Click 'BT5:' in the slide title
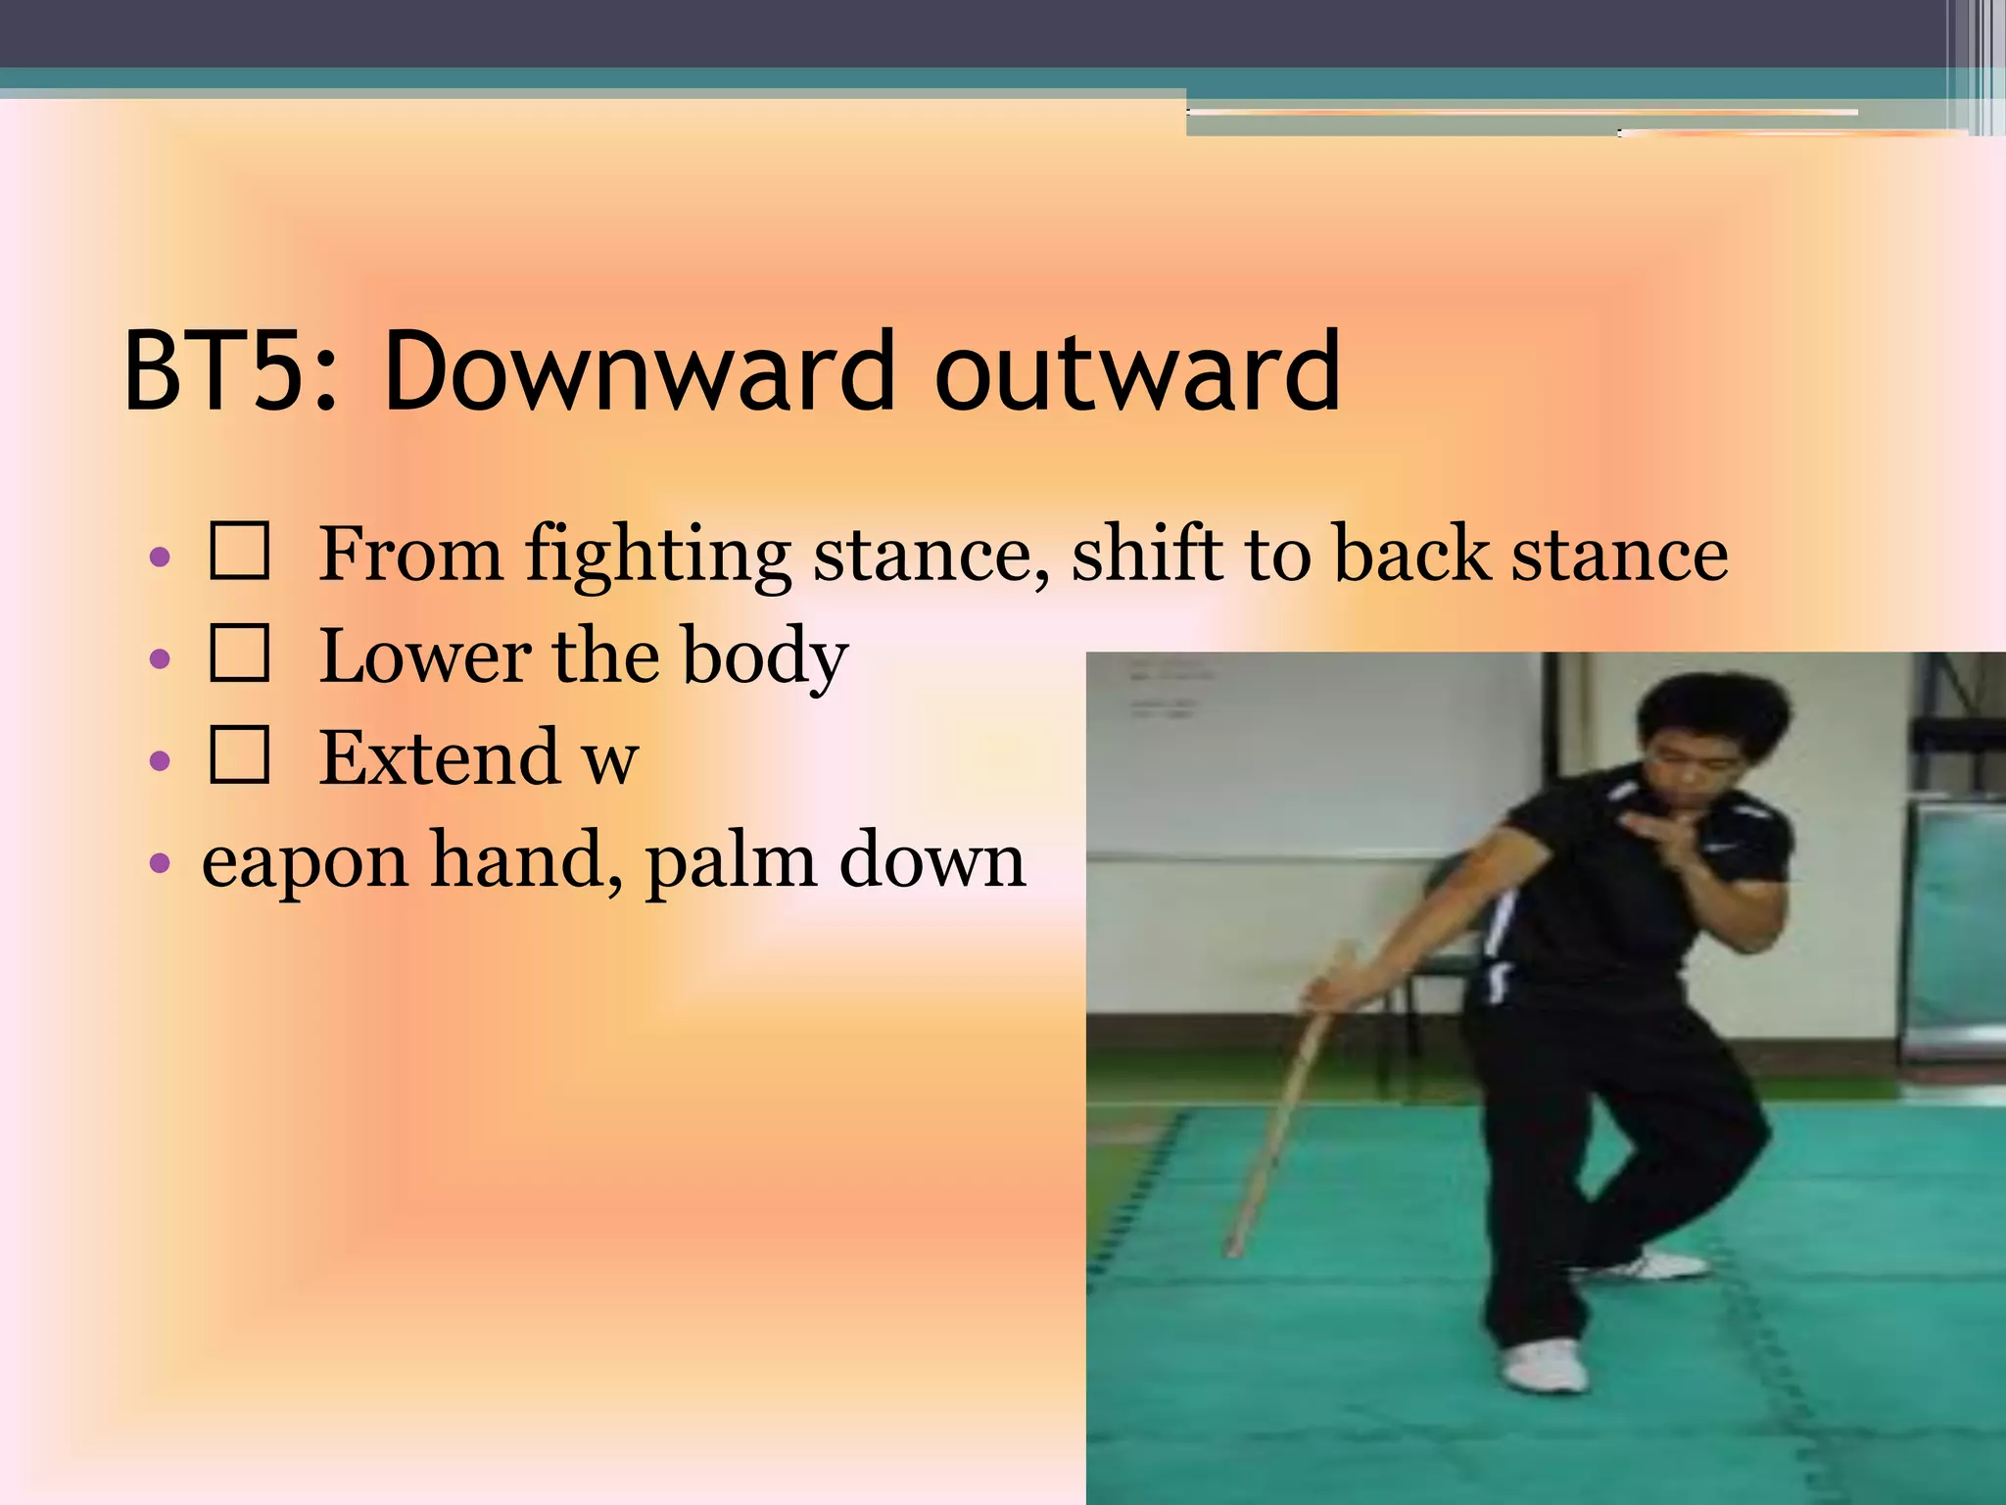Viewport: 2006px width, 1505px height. (229, 372)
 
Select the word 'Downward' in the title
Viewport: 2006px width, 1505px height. (639, 372)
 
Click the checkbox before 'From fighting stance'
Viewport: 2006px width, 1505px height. (239, 552)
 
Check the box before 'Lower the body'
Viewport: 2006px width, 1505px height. (239, 654)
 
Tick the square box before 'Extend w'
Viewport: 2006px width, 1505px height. (239, 755)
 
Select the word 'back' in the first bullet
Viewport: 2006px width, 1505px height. (1410, 554)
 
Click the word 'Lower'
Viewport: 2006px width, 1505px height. (425, 655)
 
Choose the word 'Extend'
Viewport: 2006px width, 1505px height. (439, 757)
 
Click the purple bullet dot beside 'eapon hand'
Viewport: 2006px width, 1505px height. (160, 863)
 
